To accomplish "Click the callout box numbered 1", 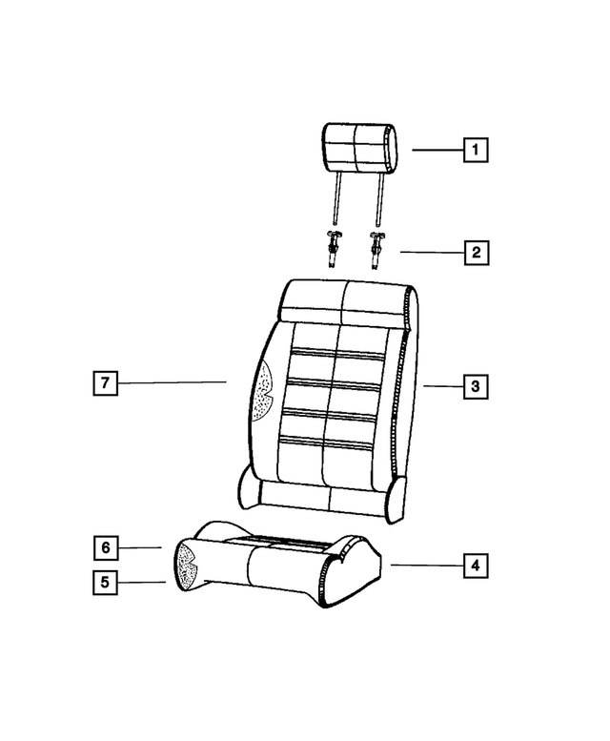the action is pos(476,150).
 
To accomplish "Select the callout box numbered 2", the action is pos(477,253).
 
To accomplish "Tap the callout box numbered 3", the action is pos(476,386).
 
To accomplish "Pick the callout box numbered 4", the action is pos(476,566).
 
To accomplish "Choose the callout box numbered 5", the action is pos(105,582).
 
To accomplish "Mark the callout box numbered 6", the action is pos(105,547).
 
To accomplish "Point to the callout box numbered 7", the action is pos(105,382).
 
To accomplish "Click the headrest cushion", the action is pos(359,148).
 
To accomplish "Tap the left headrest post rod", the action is pos(337,198).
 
